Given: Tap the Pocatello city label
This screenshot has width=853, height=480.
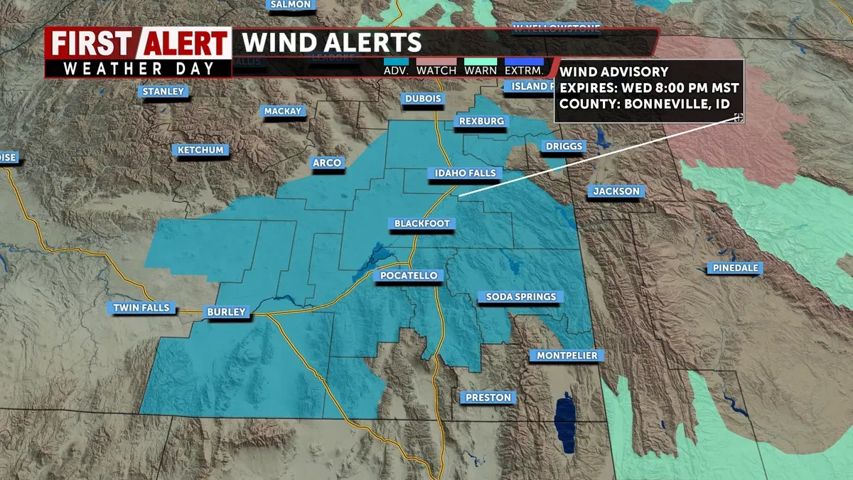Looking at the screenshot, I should [409, 275].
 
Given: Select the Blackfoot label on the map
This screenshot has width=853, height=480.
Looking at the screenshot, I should [423, 223].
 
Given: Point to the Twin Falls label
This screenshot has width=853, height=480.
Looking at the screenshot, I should [141, 308].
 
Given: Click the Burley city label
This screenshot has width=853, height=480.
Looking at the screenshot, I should [226, 311].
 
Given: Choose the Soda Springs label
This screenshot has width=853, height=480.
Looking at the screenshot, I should [521, 297].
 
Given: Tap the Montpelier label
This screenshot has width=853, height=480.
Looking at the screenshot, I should [567, 355].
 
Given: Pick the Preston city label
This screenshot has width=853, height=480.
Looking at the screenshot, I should [488, 398].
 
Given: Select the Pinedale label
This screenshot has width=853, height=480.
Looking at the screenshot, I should [734, 268].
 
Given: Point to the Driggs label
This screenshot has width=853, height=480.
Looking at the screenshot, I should [564, 146].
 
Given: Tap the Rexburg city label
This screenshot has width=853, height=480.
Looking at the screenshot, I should [481, 121].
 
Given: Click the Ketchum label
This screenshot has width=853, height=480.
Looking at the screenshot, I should [200, 150].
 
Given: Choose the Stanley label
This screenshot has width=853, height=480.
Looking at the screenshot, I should [163, 91].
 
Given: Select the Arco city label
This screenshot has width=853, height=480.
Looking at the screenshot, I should [327, 163].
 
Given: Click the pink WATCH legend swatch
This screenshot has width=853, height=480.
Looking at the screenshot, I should [436, 62].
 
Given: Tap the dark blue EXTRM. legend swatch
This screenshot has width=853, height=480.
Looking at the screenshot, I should [523, 62].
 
